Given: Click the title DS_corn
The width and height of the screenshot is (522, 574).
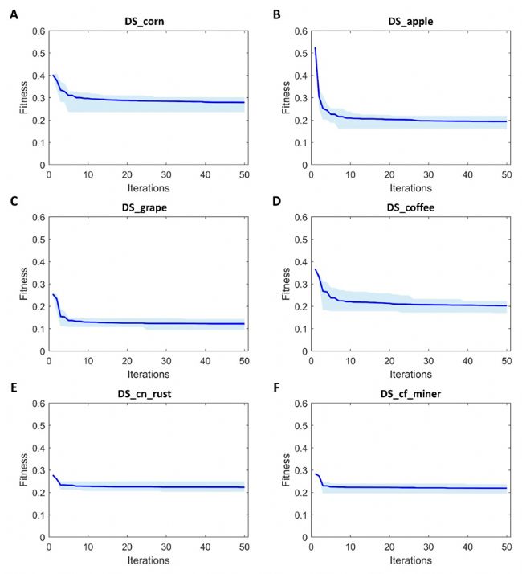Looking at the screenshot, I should click(147, 18).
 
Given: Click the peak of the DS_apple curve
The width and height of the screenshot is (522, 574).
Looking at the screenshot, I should click(315, 48).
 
